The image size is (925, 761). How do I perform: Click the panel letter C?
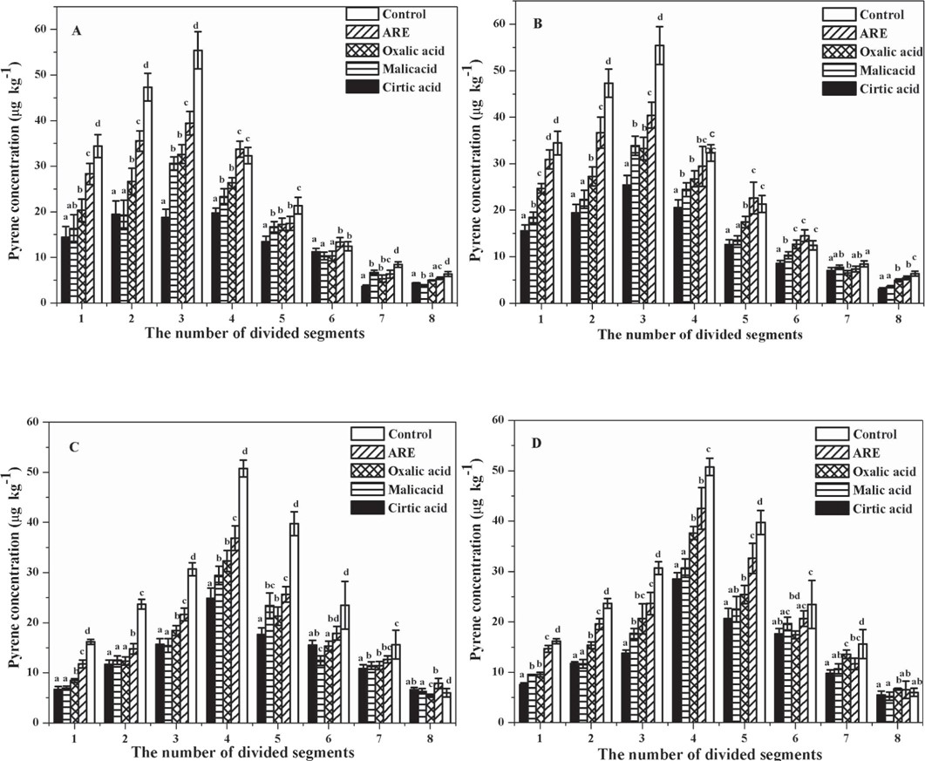76,450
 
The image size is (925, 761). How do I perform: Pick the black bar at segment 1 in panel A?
65,269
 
